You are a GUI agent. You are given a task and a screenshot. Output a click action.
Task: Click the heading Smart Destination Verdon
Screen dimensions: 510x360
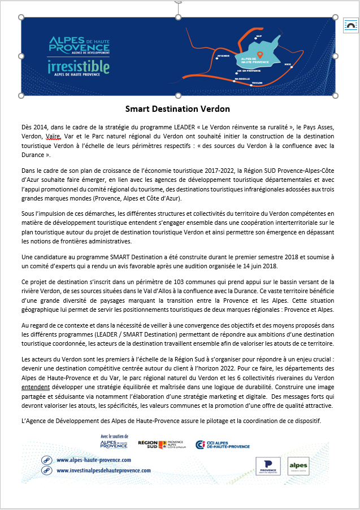[177, 108]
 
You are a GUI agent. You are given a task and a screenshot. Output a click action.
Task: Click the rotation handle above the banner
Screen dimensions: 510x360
[179, 3]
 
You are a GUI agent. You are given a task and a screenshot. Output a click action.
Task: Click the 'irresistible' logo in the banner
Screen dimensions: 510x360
[79, 68]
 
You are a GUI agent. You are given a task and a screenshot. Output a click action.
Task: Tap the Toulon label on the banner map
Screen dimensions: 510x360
[258, 82]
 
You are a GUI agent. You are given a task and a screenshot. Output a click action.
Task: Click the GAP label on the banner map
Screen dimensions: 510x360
[259, 36]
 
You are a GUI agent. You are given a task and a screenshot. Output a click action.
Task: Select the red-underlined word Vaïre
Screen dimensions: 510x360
[51, 136]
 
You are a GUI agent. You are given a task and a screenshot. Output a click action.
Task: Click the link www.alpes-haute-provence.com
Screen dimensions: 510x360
[94, 460]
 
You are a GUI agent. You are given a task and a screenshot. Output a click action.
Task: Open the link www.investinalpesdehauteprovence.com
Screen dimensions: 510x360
[103, 470]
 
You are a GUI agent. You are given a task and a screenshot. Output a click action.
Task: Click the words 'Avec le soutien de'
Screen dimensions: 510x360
[114, 436]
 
